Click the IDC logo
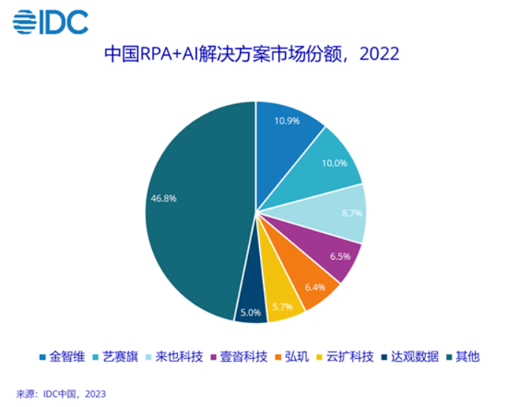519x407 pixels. coord(51,22)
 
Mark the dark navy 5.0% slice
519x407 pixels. coord(251,312)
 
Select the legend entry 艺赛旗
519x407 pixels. coord(122,357)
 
